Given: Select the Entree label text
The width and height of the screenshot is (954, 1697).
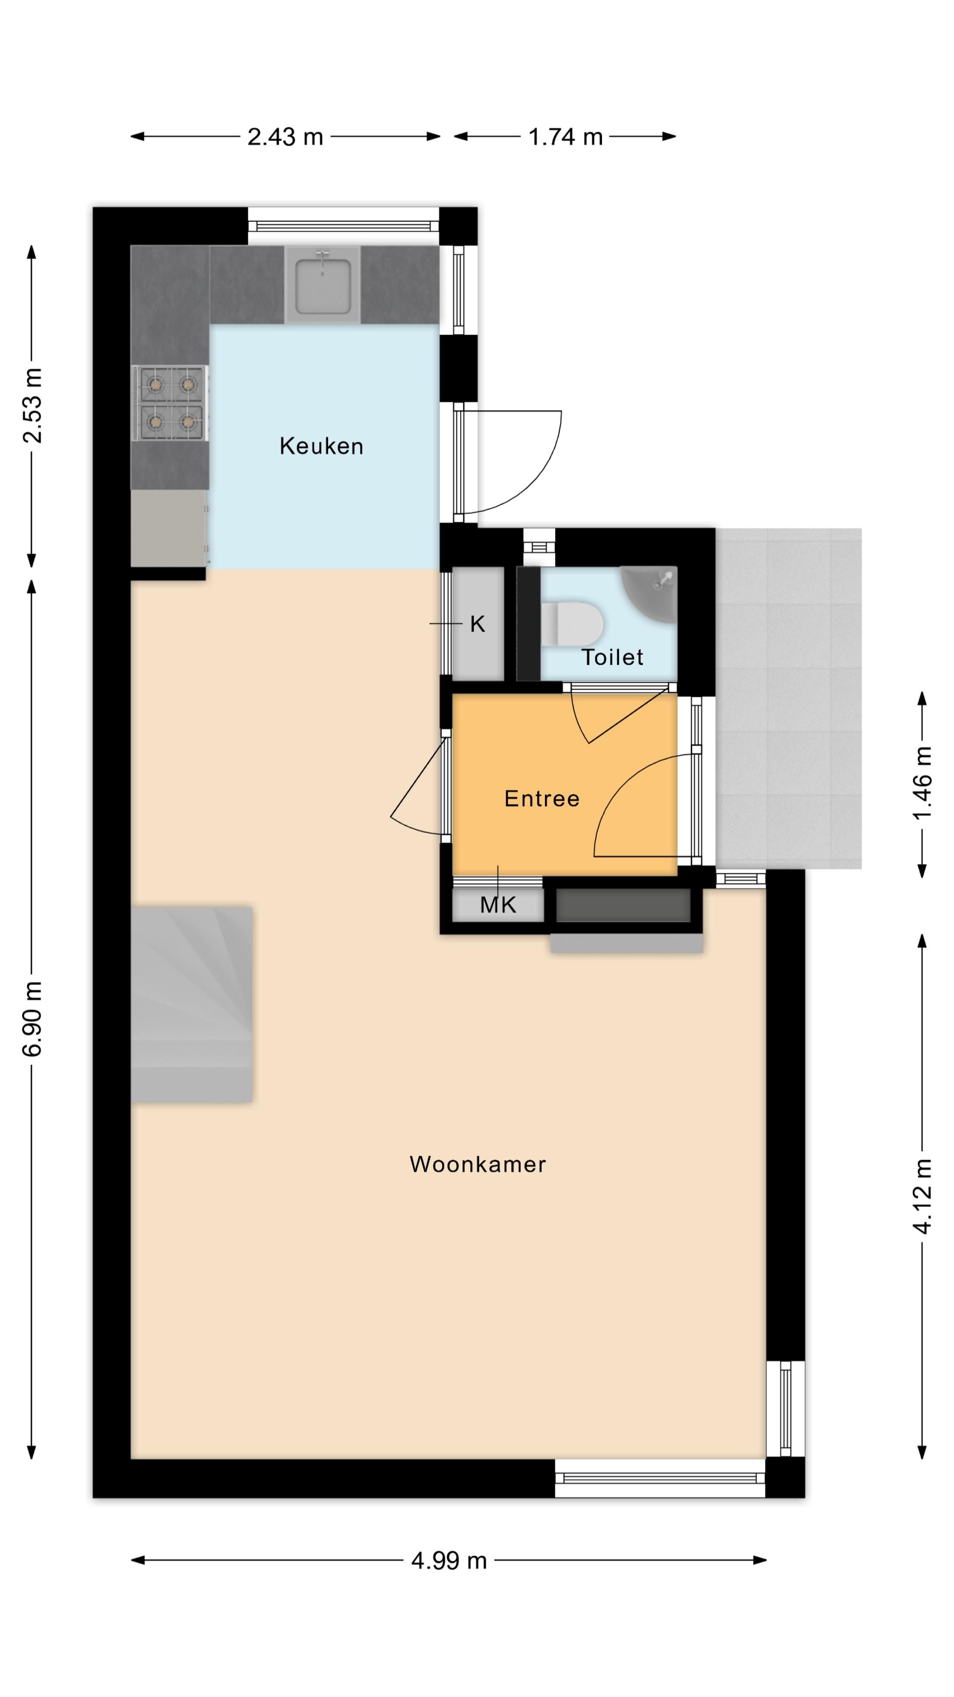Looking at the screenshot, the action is [541, 799].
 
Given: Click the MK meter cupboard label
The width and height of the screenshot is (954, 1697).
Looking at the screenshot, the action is [498, 905].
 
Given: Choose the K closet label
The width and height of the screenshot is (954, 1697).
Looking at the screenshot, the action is [477, 624].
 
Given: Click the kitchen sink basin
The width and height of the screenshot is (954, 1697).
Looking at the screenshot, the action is [322, 286].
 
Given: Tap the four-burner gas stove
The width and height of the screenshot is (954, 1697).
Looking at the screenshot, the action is [170, 403].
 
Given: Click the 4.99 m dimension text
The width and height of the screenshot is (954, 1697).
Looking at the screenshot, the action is [448, 1560].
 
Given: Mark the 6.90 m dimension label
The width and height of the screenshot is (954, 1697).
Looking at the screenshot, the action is [32, 1019].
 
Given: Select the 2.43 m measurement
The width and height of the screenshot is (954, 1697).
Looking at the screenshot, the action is [285, 137].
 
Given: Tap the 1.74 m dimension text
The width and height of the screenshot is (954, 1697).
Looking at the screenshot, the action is [565, 137].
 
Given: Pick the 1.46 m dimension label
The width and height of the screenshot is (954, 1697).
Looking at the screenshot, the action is [922, 783].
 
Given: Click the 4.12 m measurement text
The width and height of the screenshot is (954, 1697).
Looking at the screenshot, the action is [922, 1196].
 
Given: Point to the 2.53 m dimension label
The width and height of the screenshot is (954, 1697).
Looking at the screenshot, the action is [32, 406].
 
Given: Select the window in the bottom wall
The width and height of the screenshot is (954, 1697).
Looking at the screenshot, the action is [660, 1479].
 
